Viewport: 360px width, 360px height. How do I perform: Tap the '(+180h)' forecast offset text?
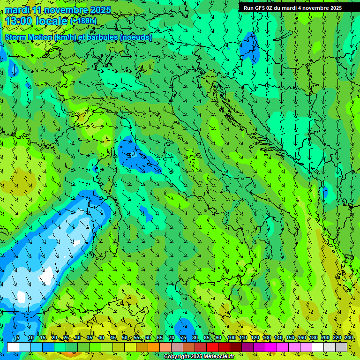[x=83, y=21]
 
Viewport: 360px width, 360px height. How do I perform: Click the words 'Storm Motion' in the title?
[x=29, y=37]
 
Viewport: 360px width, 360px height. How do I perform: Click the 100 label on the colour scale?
[x=232, y=338]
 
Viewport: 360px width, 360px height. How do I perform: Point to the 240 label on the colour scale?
[x=349, y=338]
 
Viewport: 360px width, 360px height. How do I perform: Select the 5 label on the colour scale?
[x=18, y=338]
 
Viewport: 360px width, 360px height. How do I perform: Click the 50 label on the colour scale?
[x=125, y=338]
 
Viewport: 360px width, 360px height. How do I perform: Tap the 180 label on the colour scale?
[x=313, y=338]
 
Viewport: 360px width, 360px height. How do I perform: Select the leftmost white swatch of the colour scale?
[x=13, y=347]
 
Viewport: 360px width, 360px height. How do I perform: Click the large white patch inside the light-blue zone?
[x=46, y=275]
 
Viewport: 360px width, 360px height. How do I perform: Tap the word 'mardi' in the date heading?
[x=16, y=10]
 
